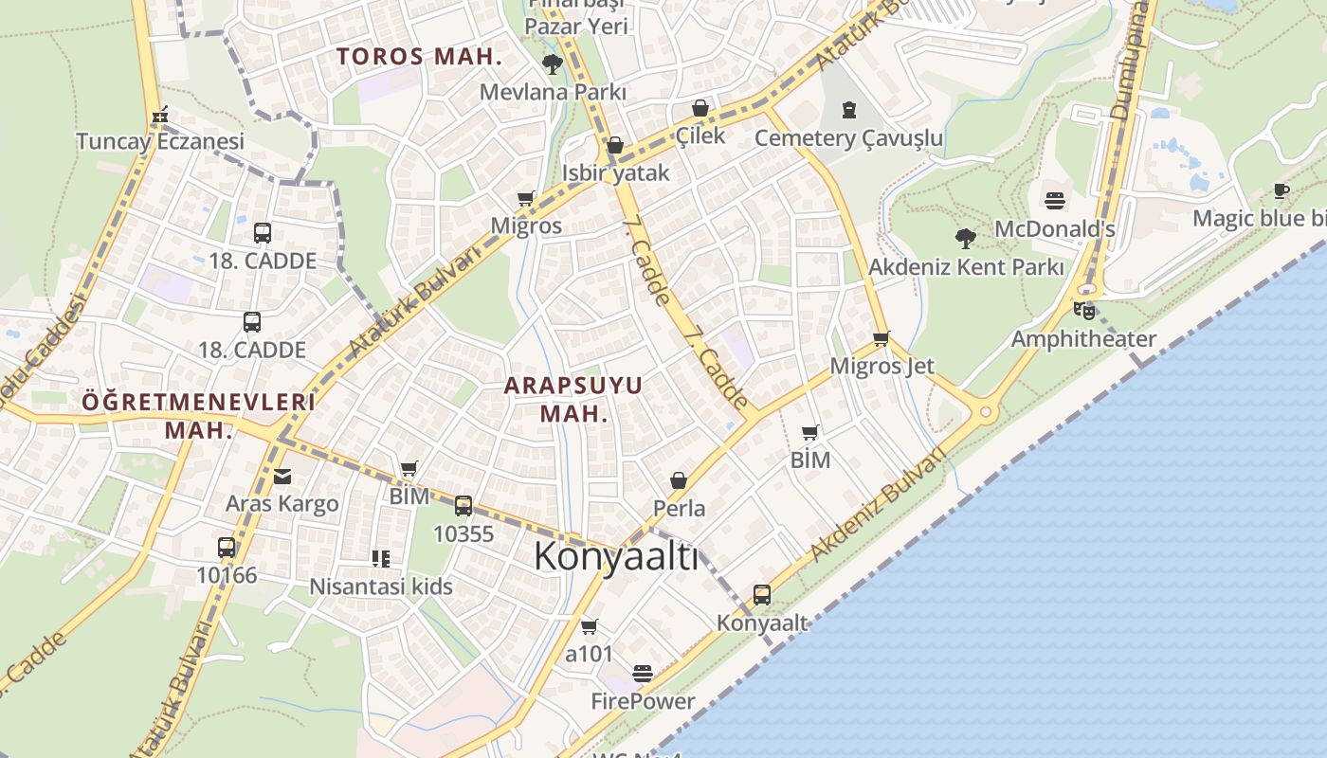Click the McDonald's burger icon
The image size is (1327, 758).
tap(1055, 200)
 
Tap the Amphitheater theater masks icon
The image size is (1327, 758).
tap(1083, 310)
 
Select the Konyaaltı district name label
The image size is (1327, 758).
tap(616, 556)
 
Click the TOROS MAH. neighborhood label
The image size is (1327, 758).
tap(419, 56)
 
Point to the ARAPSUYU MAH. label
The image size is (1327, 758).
tap(573, 399)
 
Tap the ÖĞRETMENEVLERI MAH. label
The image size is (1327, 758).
tap(198, 414)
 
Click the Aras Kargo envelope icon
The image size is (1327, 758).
tap(282, 476)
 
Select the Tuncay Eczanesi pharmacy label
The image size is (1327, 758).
tap(160, 141)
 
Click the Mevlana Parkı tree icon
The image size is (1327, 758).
tap(552, 64)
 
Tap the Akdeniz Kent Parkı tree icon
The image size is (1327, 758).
tap(966, 238)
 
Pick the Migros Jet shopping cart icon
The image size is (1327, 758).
tap(882, 338)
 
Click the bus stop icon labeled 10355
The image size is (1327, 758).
tap(464, 506)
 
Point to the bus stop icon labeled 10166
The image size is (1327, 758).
tap(227, 547)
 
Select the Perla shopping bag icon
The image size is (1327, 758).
tap(679, 480)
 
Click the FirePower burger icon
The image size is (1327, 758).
tap(643, 674)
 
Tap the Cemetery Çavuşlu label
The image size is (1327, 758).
tap(848, 138)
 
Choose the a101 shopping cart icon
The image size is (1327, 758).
tap(589, 626)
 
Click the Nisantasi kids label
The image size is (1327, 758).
tap(381, 587)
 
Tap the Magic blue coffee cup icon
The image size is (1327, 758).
tap(1282, 190)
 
